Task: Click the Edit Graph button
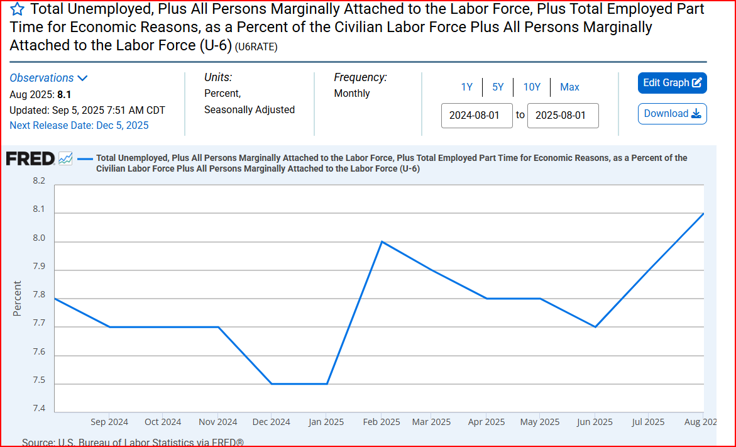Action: pos(672,83)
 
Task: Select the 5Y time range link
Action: pos(498,87)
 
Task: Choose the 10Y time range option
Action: pos(532,87)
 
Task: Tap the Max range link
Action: pos(569,87)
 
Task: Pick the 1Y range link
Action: pos(466,87)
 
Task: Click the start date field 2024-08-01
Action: pos(477,116)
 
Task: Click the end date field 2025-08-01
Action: pos(563,116)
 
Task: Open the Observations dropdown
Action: pos(48,78)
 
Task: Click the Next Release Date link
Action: pos(79,125)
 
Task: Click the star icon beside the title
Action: pos(18,9)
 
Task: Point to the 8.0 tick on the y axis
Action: pos(39,238)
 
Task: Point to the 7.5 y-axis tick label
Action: pos(39,380)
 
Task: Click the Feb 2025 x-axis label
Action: pos(381,422)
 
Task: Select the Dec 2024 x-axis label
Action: pos(271,422)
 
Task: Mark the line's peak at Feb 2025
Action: pos(382,241)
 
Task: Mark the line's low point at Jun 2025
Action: pos(595,327)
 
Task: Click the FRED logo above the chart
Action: pos(31,158)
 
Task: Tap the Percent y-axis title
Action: pos(18,298)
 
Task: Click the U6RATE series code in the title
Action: pos(256,47)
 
